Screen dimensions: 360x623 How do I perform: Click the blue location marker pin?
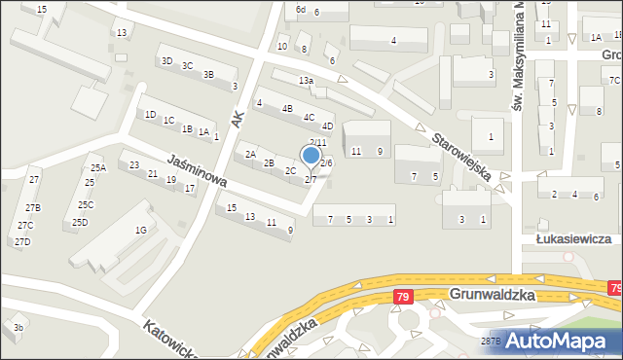(311, 156)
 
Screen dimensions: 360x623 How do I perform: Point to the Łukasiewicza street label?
(578, 238)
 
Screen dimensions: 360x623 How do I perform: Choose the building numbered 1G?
(140, 231)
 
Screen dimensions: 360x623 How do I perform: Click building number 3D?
(166, 61)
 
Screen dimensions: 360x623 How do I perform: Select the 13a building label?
(306, 81)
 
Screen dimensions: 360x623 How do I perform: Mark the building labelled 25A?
(98, 168)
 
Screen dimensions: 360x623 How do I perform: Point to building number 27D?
(22, 241)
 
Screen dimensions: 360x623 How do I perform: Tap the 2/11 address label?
(317, 143)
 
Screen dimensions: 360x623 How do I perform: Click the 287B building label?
(492, 341)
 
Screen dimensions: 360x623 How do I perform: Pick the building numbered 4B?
(287, 109)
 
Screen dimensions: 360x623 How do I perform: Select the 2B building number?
(269, 162)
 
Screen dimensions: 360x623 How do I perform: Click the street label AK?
(237, 117)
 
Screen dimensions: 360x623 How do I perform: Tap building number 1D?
(150, 115)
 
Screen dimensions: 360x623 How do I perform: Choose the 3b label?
(18, 328)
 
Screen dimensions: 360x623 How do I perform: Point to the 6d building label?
(301, 10)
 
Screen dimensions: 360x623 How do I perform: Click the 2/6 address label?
(326, 162)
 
